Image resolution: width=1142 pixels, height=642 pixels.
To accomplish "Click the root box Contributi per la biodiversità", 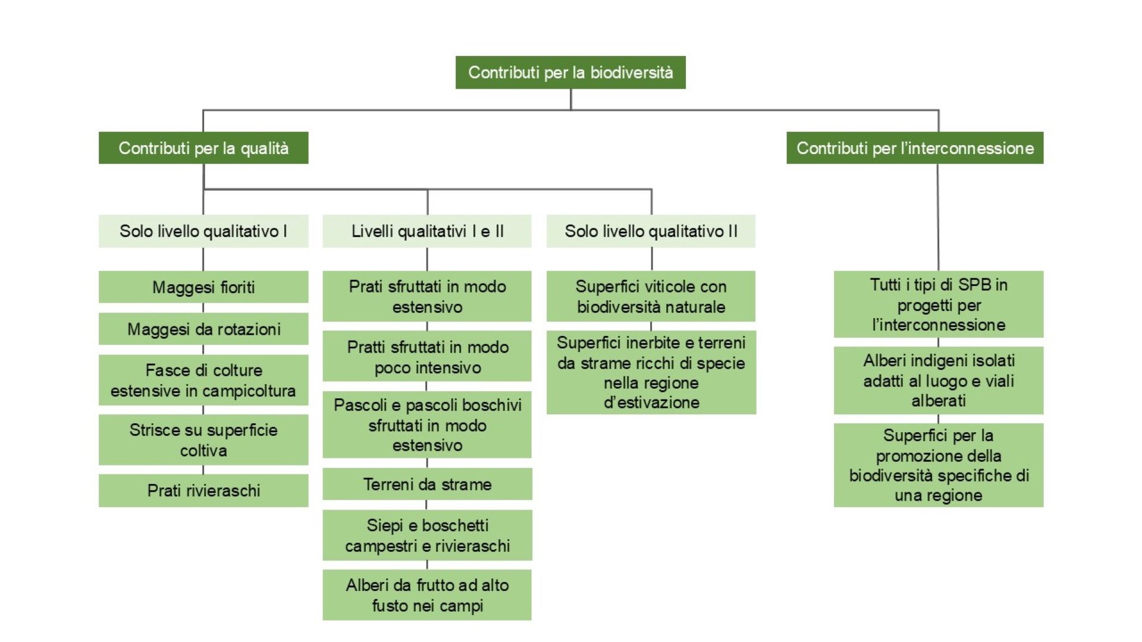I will (570, 73).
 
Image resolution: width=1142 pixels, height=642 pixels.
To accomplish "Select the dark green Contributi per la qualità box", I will (203, 148).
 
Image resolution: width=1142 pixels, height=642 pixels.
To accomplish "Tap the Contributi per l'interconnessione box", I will (915, 148).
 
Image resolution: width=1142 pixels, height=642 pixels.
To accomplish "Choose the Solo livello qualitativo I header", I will (203, 231).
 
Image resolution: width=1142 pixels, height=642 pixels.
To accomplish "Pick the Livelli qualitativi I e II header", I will (427, 231).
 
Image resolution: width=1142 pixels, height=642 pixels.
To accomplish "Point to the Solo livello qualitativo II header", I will (651, 231).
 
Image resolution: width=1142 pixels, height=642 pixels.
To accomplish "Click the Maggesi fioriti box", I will (203, 287).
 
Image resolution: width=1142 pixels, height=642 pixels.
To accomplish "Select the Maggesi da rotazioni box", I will (203, 329).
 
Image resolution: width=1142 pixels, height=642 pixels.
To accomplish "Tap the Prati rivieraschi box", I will (203, 490).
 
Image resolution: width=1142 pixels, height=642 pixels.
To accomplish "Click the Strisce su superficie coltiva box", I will (203, 440).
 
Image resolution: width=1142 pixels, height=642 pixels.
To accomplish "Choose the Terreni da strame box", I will (427, 484).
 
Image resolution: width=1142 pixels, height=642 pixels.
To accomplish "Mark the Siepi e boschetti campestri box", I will (427, 535).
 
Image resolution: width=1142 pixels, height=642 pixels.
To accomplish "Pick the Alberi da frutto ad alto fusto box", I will (427, 595).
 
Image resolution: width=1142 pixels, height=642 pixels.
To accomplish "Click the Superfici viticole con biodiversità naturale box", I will (651, 297).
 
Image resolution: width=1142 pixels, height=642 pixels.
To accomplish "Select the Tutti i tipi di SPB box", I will (939, 304).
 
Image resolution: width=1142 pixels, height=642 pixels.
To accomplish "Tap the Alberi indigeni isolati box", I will (939, 380).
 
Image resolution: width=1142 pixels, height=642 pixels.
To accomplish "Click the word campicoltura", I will (249, 391).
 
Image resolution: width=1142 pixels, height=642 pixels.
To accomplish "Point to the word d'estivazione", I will (651, 402).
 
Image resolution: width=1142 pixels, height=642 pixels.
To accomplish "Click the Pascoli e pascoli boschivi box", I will (427, 424).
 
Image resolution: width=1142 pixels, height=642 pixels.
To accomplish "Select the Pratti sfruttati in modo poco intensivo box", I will (427, 357).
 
